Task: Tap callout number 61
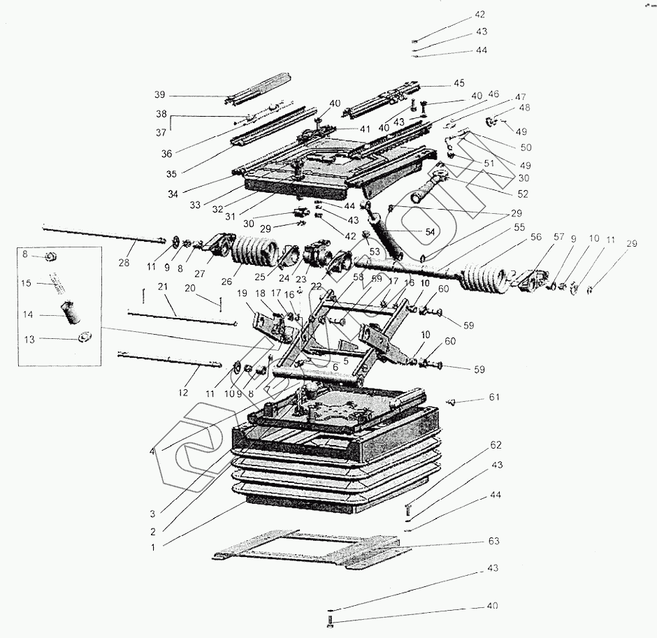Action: coord(496,398)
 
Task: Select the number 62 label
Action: coord(496,444)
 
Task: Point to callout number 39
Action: coord(160,95)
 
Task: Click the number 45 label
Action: coord(459,83)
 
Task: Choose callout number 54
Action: coord(430,231)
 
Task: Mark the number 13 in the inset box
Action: coord(28,339)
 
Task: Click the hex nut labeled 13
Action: coord(82,338)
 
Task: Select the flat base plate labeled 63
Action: coord(301,548)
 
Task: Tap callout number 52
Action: coord(523,194)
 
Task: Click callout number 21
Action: coord(162,287)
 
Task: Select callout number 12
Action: coord(183,393)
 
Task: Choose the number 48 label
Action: coord(525,108)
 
